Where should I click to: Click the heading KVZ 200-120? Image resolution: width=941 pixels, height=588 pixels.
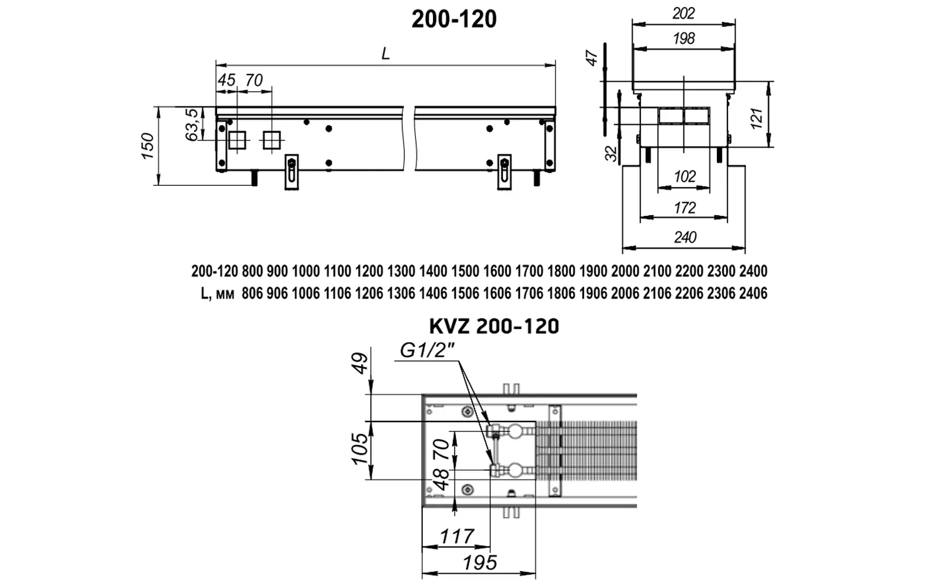[x=494, y=326]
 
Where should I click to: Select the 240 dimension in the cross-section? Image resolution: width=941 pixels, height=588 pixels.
[x=685, y=238]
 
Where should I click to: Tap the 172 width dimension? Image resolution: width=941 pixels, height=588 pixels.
[x=685, y=208]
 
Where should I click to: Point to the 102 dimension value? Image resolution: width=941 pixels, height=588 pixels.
[x=685, y=176]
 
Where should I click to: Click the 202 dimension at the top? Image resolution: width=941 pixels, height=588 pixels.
[x=683, y=14]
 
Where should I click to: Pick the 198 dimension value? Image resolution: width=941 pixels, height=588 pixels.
[x=684, y=39]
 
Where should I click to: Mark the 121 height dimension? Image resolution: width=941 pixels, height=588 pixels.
[x=756, y=118]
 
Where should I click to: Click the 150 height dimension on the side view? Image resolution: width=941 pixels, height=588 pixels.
[x=148, y=146]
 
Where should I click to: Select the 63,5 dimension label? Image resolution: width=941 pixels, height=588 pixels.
[x=191, y=125]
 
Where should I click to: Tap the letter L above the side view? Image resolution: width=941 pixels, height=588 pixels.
[x=386, y=54]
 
